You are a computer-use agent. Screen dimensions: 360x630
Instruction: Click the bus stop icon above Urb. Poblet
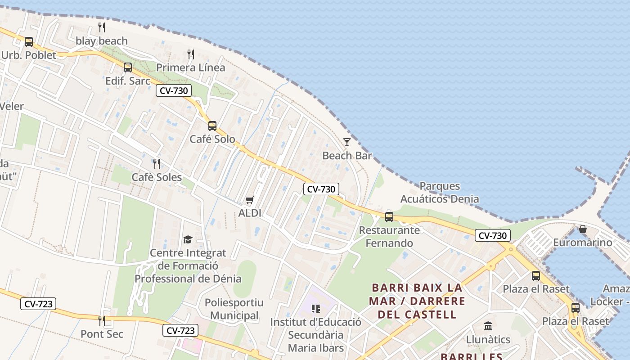click(x=29, y=42)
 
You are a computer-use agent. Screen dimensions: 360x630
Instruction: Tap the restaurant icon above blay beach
click(x=102, y=27)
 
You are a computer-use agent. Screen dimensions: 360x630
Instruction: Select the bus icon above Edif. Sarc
click(x=128, y=67)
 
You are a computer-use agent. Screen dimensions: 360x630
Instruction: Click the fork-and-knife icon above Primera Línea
click(x=191, y=54)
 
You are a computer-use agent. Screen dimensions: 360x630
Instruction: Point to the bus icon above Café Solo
click(x=212, y=126)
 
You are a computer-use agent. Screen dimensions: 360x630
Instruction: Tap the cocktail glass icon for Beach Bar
click(x=346, y=142)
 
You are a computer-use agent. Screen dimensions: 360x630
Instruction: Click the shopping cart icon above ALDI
click(x=250, y=200)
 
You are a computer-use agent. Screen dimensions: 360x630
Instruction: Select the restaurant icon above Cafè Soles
click(x=157, y=163)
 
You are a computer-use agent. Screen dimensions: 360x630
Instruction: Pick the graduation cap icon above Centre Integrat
click(x=188, y=239)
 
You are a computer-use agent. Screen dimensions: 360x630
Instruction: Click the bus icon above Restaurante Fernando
click(x=389, y=217)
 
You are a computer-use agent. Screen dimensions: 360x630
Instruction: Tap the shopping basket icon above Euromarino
click(x=583, y=229)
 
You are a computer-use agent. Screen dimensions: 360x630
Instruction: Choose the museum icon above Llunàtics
click(x=488, y=326)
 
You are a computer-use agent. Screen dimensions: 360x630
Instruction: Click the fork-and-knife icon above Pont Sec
click(x=102, y=320)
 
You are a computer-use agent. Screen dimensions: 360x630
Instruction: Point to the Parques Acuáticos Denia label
click(x=440, y=193)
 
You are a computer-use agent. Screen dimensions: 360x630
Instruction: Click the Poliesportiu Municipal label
click(x=234, y=309)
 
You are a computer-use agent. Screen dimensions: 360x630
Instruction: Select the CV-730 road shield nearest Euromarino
click(x=493, y=235)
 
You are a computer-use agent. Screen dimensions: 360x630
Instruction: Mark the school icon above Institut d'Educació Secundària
click(x=316, y=309)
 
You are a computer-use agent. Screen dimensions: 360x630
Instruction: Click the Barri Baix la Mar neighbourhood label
click(x=417, y=301)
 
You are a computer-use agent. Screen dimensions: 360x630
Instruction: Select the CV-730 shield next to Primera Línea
click(x=174, y=90)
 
